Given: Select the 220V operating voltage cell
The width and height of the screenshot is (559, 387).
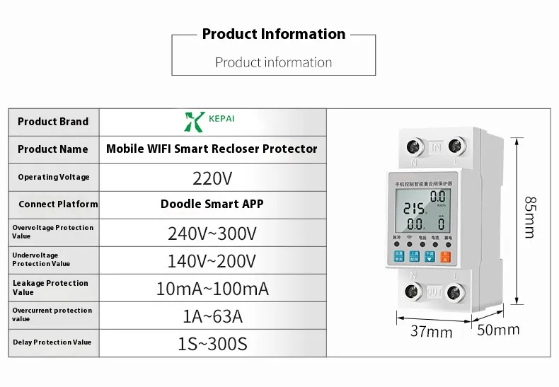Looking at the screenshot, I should point(212,177).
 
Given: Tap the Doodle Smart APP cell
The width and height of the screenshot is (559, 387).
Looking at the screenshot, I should point(212,204).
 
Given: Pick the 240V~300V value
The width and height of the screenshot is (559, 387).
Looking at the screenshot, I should point(212,233).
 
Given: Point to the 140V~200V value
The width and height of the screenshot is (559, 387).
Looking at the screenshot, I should point(212,261).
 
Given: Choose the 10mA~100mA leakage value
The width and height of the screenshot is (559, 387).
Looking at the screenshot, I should point(212,289).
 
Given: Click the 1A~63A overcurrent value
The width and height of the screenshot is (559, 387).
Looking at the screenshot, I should point(212,316).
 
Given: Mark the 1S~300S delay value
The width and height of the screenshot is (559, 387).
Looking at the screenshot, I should point(212,345).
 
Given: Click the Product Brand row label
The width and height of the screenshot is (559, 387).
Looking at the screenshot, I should point(53,121).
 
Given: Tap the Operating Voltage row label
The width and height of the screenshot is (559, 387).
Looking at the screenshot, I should point(54,177).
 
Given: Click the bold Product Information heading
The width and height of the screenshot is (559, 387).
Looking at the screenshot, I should point(274,34).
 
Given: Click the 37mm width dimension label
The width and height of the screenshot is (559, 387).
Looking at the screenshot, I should point(431,331).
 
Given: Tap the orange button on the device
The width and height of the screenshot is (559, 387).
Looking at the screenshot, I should point(445,258).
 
